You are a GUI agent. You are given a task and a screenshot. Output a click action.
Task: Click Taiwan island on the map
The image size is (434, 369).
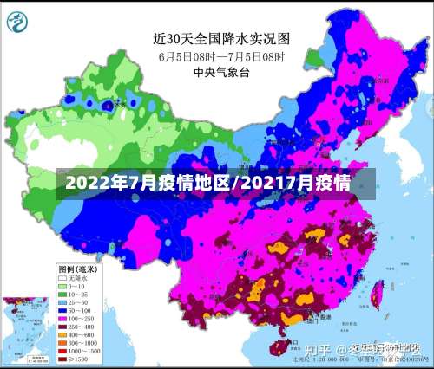[x=377, y=299]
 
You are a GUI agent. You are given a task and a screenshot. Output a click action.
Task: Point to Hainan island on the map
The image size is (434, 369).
[x=277, y=347]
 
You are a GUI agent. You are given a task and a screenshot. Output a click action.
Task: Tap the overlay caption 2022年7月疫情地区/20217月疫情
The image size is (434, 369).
[x=208, y=184]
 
